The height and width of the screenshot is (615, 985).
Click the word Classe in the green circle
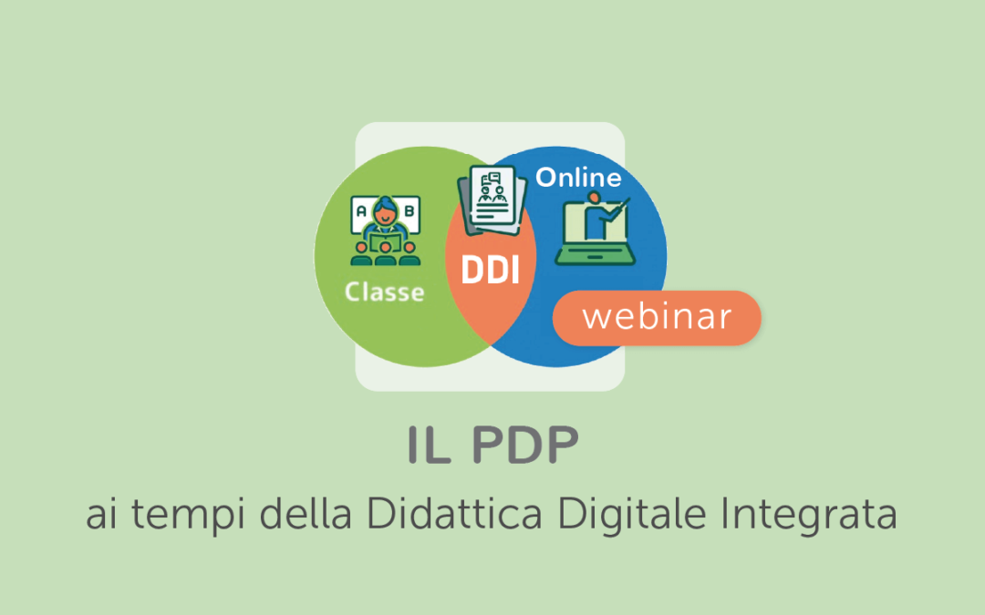(385, 292)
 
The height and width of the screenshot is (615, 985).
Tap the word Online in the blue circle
(578, 178)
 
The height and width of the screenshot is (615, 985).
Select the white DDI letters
(490, 271)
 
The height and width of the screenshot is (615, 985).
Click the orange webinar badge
(657, 318)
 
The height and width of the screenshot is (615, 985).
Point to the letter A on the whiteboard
(361, 210)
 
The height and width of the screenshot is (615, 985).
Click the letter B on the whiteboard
(409, 210)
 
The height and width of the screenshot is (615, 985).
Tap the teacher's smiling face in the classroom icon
(385, 215)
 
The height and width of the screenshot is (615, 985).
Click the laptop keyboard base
(595, 255)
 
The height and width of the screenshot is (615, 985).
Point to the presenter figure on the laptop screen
(593, 217)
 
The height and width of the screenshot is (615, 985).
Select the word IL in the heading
(429, 445)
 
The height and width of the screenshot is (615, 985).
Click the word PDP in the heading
(525, 445)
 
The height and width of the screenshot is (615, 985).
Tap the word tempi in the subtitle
(188, 515)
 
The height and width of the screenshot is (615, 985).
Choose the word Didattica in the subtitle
(454, 513)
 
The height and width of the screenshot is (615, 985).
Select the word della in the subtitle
(306, 513)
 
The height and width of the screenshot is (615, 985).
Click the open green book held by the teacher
(385, 241)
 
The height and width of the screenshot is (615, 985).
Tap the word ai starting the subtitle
(101, 515)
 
